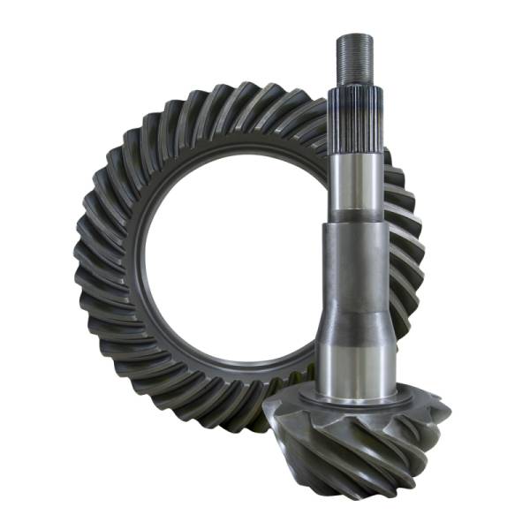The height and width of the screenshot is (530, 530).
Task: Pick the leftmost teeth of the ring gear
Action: pyautogui.click(x=88, y=256)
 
